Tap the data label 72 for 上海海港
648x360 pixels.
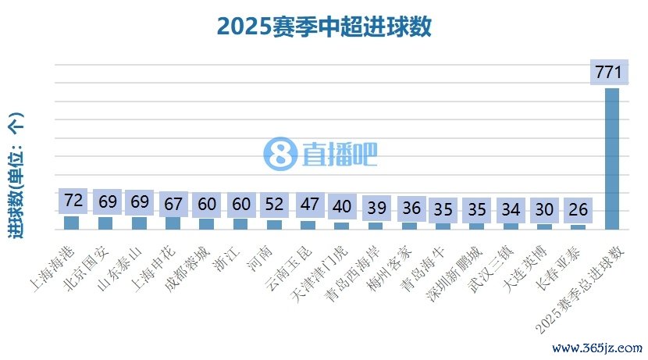click(x=73, y=201)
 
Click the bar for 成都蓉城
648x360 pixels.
click(x=207, y=224)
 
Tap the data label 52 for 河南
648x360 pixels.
click(x=274, y=205)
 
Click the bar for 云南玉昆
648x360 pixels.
click(x=308, y=225)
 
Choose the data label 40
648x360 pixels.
click(x=342, y=207)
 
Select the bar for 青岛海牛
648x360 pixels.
click(x=443, y=226)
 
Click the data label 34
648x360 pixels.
click(x=511, y=210)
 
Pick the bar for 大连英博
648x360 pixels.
click(x=545, y=226)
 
